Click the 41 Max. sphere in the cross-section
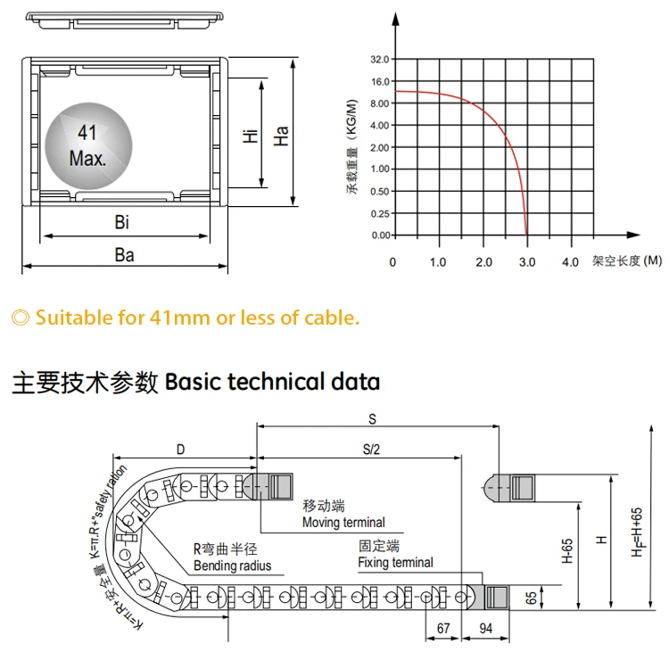[x=87, y=147]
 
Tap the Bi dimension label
[x=122, y=223]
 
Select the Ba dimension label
[x=124, y=255]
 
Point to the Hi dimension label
[x=251, y=136]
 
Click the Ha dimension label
[x=281, y=136]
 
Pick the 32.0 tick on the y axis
[x=380, y=60]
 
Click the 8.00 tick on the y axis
[x=380, y=103]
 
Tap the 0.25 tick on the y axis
[x=380, y=213]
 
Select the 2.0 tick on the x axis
[x=483, y=262]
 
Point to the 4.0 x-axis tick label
[x=571, y=262]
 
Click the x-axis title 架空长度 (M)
[x=627, y=261]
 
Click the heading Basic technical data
[x=273, y=383]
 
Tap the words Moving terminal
[x=343, y=523]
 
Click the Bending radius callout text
[x=232, y=565]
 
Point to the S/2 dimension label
[x=371, y=450]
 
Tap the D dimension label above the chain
[x=180, y=450]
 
